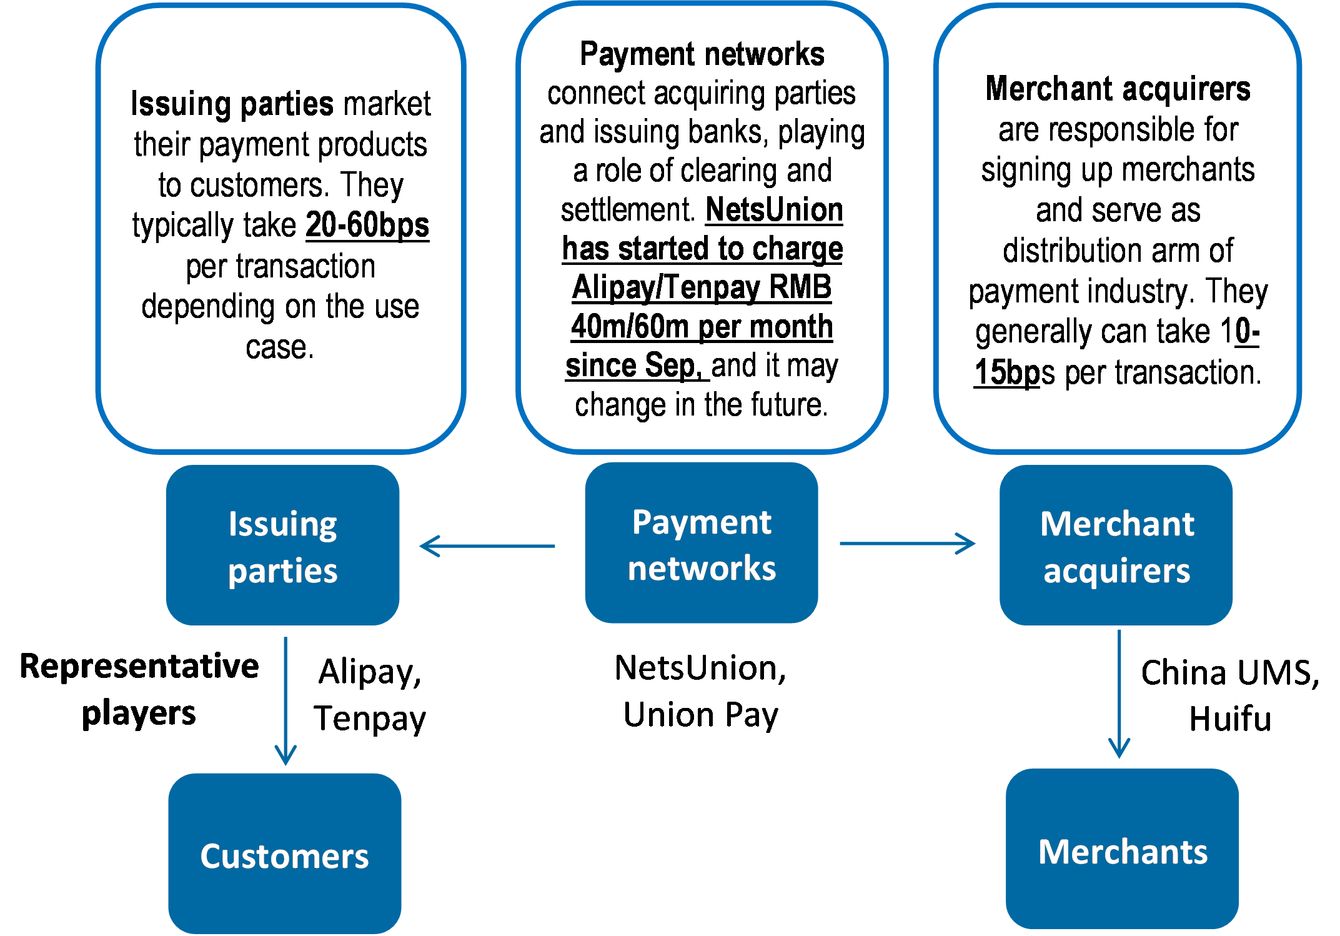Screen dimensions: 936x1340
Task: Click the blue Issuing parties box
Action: click(282, 545)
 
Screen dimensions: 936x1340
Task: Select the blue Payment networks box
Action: click(701, 543)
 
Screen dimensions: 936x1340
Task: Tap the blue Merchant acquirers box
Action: click(1116, 545)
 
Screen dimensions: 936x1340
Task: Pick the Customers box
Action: click(284, 854)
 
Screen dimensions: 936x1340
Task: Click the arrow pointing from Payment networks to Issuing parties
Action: click(487, 546)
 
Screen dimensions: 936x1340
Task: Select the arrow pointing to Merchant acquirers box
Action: click(907, 544)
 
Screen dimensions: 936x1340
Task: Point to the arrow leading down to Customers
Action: click(285, 700)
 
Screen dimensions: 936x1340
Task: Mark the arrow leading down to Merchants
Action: click(1119, 694)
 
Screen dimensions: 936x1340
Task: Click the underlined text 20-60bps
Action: click(367, 225)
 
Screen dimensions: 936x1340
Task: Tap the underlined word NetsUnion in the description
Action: click(774, 210)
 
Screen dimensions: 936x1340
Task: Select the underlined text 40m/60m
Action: click(632, 327)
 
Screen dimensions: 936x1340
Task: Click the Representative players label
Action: click(139, 689)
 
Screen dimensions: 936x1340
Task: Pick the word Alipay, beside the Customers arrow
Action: click(370, 672)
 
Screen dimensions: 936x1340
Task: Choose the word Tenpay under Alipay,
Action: click(370, 719)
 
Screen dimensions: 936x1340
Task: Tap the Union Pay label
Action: click(701, 715)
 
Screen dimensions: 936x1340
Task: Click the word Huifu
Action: click(1229, 719)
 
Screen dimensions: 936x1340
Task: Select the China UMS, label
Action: click(1229, 672)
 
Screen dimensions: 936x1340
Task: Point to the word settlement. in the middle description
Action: click(627, 210)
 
